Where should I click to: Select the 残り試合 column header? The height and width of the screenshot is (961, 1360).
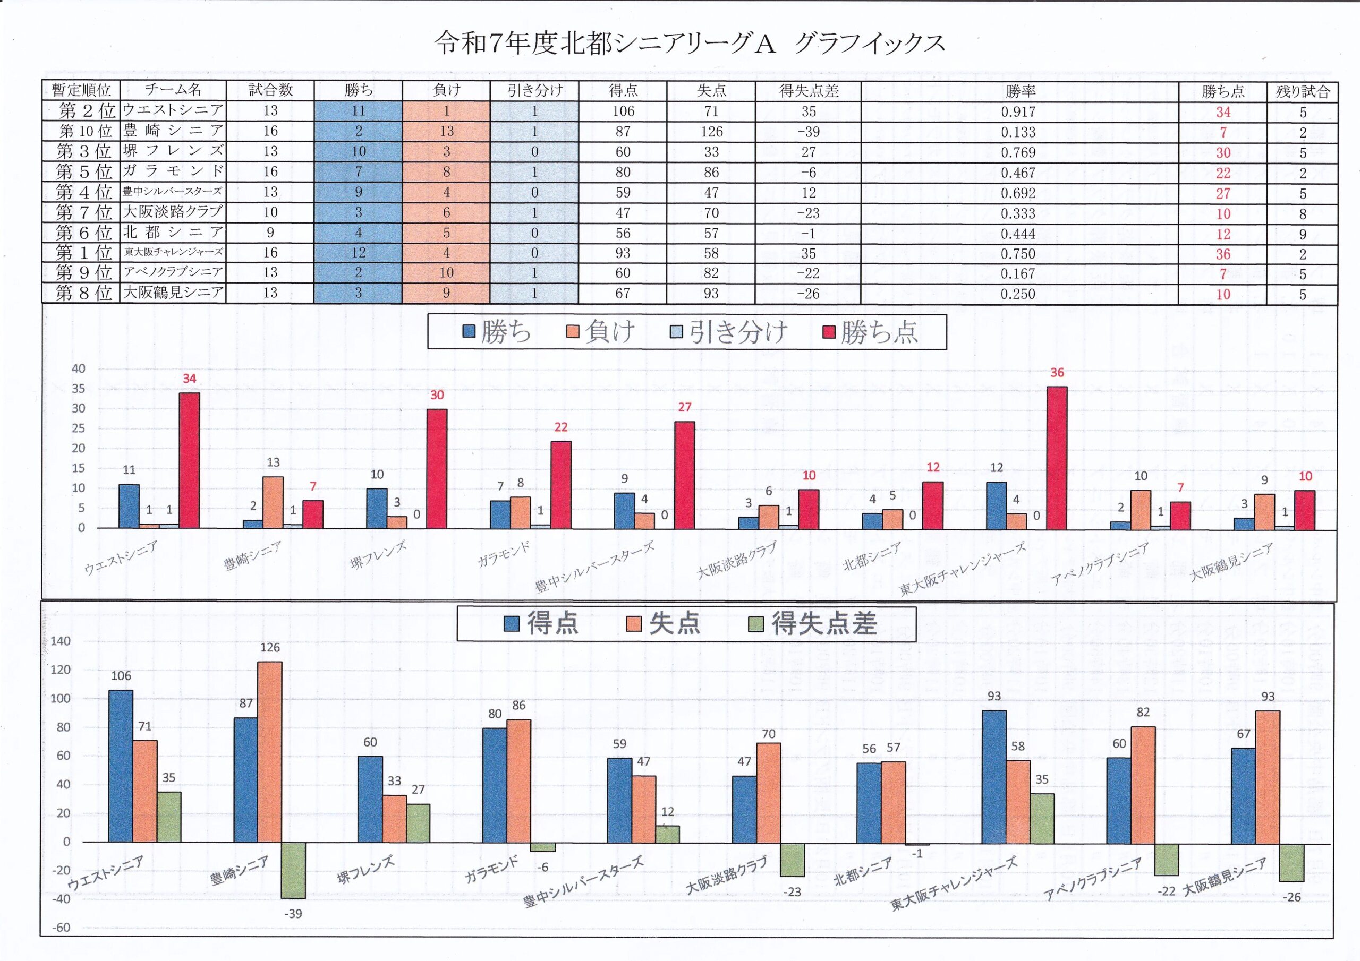(1303, 91)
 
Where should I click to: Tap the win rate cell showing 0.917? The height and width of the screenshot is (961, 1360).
(1018, 112)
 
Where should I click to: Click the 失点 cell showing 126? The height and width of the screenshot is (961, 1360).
(711, 132)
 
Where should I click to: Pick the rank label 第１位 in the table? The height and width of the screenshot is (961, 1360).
(83, 253)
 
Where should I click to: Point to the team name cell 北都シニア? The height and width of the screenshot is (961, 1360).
(173, 232)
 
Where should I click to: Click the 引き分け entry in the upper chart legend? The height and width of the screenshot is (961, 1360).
(730, 332)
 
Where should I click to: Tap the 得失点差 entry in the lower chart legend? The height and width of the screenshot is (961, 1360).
(814, 623)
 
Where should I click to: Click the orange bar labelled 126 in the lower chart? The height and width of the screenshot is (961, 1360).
(269, 751)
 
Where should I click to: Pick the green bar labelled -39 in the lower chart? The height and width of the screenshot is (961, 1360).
(293, 870)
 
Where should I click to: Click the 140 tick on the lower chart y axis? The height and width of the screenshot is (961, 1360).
(61, 641)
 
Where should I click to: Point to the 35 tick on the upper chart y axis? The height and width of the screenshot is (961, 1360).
(79, 389)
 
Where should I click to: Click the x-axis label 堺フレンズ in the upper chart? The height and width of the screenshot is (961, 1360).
(378, 555)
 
